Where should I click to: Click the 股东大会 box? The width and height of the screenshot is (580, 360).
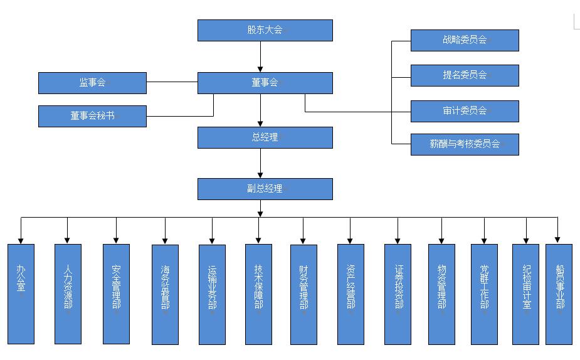tap(265, 30)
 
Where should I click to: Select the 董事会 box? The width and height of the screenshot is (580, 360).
tap(265, 83)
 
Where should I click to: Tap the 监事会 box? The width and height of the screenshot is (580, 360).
tap(92, 83)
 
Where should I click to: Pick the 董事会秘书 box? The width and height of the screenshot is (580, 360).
tap(92, 116)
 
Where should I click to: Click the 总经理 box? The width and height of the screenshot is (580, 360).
tap(265, 137)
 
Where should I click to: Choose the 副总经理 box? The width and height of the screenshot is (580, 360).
tap(265, 189)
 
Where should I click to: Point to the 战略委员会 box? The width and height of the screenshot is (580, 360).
tap(465, 40)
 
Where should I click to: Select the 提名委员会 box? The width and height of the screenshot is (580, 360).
tap(465, 75)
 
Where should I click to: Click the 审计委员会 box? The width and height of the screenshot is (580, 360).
tap(465, 111)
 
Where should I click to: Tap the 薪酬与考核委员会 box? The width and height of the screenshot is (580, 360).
tap(465, 144)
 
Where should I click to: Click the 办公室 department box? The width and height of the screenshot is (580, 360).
tap(21, 294)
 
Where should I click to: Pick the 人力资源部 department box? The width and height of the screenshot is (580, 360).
tap(68, 294)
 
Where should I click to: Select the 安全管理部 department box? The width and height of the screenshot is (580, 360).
tap(116, 294)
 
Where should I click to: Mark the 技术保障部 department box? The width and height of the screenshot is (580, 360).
tap(258, 294)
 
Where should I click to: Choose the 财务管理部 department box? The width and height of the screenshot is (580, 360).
tap(303, 294)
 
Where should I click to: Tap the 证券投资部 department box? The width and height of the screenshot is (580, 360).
tap(398, 294)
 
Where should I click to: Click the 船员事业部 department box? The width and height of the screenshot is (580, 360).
tap(559, 294)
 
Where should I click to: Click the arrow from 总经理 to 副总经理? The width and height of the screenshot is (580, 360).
tap(260, 164)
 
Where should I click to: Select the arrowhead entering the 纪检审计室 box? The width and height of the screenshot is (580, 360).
tap(526, 239)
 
